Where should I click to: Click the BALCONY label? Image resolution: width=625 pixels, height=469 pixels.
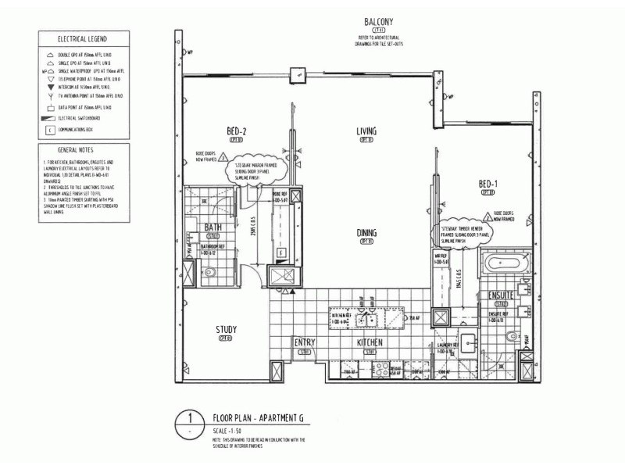point(378,22)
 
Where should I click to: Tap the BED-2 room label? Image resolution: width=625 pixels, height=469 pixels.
point(237,131)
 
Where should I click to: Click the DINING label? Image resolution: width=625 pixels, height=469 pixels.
point(366,233)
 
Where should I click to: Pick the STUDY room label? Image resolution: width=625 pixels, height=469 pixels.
point(226,330)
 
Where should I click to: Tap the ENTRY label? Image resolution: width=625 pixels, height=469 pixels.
point(304,343)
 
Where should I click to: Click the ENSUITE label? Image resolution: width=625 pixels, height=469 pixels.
point(500,295)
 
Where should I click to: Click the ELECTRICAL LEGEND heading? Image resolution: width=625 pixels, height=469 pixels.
point(83,38)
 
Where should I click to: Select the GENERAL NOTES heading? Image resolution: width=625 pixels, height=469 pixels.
point(77,149)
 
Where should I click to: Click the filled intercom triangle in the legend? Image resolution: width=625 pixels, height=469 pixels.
point(51,88)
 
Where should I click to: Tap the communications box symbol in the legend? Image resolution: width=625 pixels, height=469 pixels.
point(51,130)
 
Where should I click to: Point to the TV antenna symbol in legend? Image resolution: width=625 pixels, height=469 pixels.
point(51,96)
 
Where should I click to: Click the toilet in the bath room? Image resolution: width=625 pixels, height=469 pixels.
point(209,271)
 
